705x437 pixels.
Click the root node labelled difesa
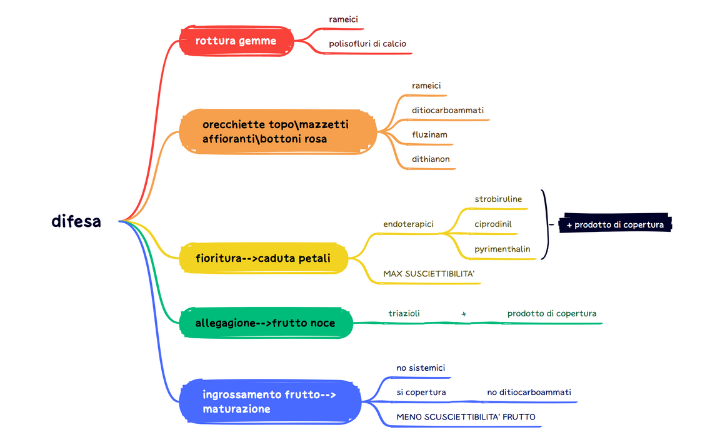(76, 221)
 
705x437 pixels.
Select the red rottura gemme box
(236, 41)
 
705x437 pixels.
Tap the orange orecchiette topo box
(277, 132)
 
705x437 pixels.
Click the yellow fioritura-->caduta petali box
(263, 258)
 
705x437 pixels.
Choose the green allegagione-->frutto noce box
(266, 323)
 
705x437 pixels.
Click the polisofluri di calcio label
(367, 44)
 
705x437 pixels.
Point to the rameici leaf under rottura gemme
(343, 19)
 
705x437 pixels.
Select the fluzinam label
(429, 134)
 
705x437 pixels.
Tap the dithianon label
(431, 159)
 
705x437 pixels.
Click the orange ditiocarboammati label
(447, 110)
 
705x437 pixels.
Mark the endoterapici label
(408, 224)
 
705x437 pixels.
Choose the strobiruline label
(498, 199)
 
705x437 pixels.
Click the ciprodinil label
(493, 224)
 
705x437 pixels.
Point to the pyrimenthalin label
(502, 249)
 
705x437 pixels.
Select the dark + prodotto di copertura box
(615, 224)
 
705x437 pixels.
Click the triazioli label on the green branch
(404, 313)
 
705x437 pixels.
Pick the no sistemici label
(421, 368)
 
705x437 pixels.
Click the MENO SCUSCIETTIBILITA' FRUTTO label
(466, 416)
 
